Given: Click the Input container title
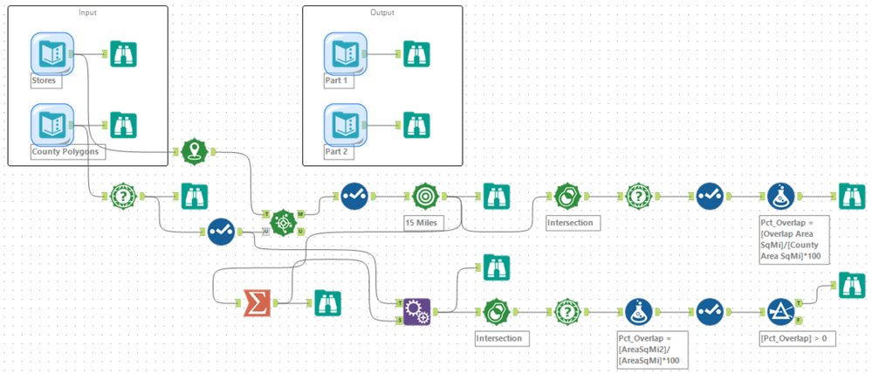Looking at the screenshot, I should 87,12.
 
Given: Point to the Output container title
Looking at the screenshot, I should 381,12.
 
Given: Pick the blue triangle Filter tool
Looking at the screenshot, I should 780,310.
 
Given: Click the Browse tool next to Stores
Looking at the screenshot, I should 124,53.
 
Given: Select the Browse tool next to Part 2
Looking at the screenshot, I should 417,123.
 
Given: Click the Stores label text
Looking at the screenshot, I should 45,80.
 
